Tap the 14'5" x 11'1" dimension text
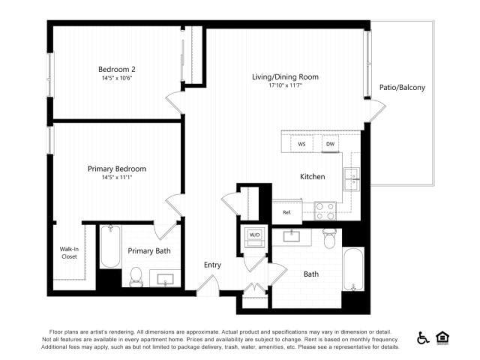(116, 178)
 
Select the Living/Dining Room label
(285, 76)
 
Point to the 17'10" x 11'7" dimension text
(285, 85)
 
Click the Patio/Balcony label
(402, 88)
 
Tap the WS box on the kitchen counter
(301, 143)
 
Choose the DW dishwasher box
(329, 143)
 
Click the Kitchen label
(313, 177)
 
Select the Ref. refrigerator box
(286, 212)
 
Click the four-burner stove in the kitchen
(325, 211)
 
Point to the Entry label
(213, 265)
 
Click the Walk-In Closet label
(69, 253)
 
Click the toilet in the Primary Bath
(136, 277)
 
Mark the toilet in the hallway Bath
(328, 238)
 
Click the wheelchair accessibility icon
(423, 338)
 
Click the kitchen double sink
(351, 178)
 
